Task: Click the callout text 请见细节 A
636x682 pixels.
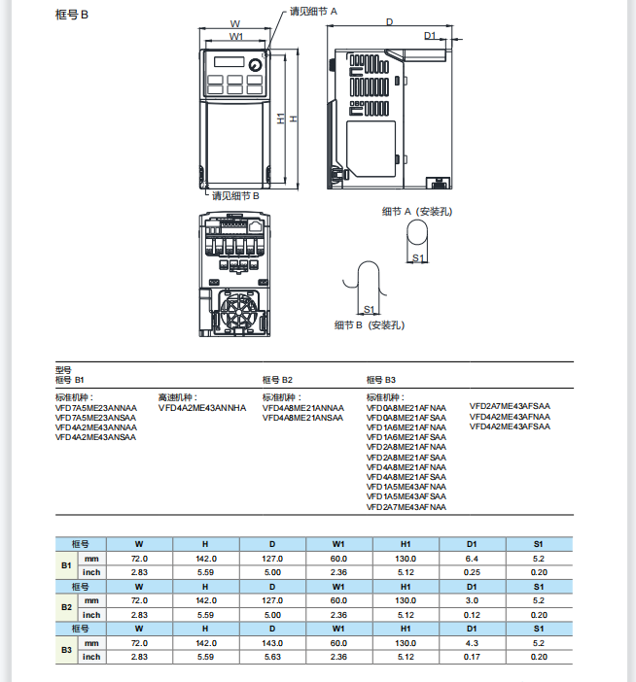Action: click(313, 11)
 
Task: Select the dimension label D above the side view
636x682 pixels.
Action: click(389, 21)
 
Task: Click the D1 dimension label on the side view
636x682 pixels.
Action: click(430, 35)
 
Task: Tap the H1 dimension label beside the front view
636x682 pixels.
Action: click(279, 119)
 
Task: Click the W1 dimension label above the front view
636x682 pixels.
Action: click(235, 36)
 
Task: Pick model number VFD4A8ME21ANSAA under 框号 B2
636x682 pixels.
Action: click(302, 418)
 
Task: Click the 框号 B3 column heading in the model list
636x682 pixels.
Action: click(381, 379)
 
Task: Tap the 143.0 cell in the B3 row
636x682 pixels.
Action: click(272, 643)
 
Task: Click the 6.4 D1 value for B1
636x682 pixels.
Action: click(472, 559)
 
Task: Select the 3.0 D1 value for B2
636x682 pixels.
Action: click(472, 601)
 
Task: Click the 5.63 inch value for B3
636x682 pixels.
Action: click(272, 657)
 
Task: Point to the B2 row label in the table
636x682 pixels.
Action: click(66, 608)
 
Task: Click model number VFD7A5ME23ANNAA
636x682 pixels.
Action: click(96, 408)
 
